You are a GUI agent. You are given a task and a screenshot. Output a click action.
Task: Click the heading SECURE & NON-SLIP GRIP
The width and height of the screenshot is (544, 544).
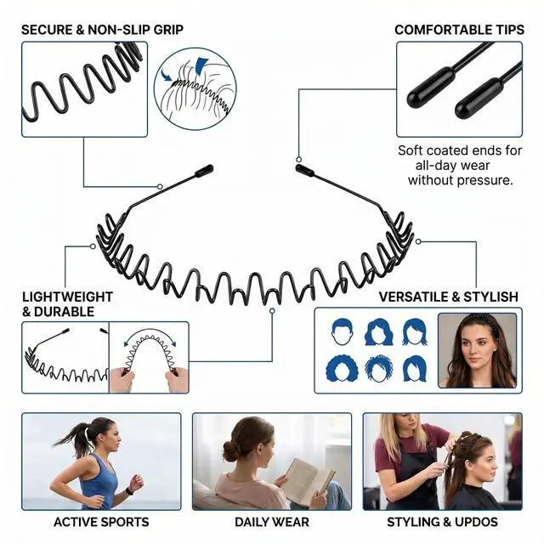tap(102, 30)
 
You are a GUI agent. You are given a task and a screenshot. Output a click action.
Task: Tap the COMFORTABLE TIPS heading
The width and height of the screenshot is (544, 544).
tap(459, 30)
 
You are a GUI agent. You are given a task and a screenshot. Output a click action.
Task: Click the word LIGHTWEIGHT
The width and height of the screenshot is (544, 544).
tap(68, 297)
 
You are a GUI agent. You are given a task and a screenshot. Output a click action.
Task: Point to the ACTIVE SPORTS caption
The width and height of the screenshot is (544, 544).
tap(101, 522)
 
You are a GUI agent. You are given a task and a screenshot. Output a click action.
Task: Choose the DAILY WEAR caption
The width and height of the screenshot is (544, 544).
tap(272, 522)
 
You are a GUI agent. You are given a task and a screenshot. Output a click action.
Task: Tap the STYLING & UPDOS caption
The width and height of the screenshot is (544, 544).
tap(442, 522)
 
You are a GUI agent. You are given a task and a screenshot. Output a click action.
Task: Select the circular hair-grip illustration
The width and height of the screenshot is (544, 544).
tap(195, 88)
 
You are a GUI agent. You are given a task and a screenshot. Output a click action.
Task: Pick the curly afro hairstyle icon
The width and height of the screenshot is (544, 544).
tap(342, 368)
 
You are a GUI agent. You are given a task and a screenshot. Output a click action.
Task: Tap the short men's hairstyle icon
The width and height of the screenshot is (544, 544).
tap(343, 331)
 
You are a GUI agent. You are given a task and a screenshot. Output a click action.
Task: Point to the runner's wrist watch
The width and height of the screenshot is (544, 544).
tap(129, 491)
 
